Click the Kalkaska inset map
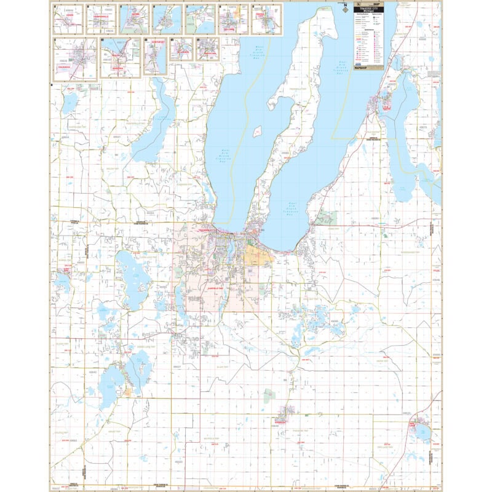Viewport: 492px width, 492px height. tap(75, 59)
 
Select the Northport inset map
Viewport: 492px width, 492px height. tap(156, 57)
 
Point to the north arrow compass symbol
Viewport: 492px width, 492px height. tap(343, 8)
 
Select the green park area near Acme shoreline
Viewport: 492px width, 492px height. tap(327, 217)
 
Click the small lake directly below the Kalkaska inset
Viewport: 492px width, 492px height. tap(69, 100)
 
